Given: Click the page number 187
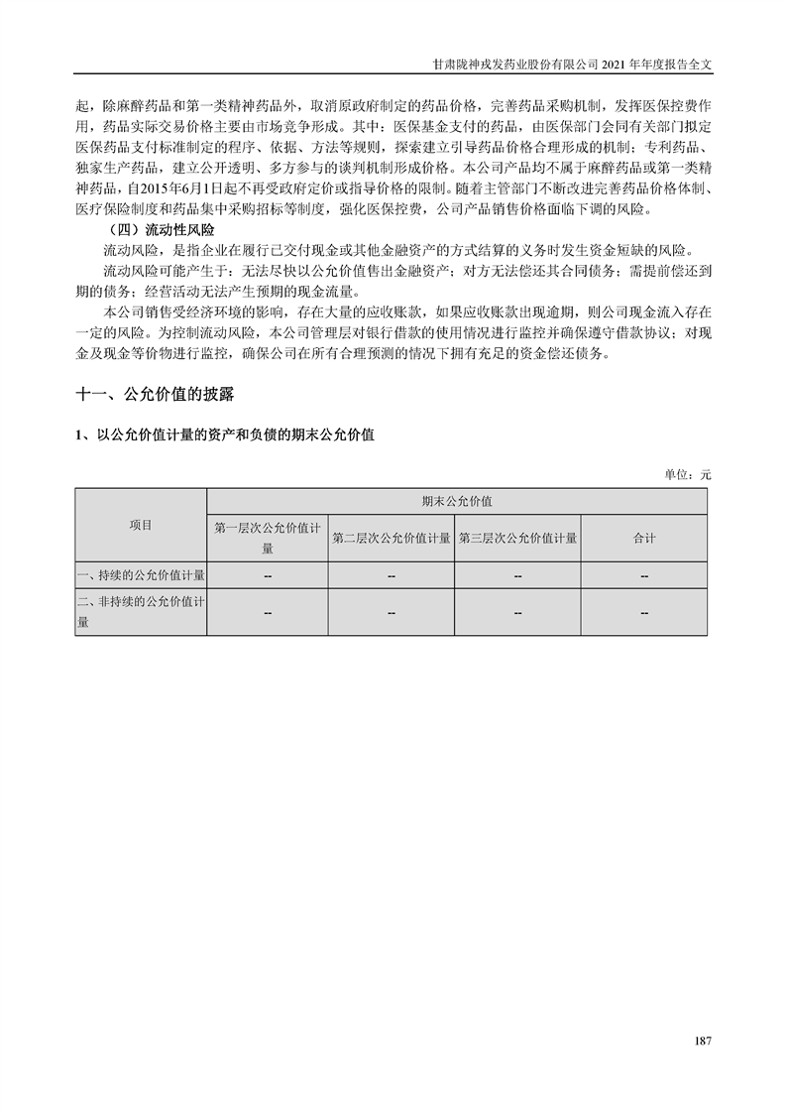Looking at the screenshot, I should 703,1041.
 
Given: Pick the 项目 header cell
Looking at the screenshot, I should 141,525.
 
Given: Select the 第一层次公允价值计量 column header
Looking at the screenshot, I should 268,538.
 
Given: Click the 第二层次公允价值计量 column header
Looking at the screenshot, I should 392,538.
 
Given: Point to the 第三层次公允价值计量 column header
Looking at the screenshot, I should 517,538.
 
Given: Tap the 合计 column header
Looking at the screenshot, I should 644,538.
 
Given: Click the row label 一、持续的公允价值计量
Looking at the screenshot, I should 141,575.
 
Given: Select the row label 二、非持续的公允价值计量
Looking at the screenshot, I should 141,612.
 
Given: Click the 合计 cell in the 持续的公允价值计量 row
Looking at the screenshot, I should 644,575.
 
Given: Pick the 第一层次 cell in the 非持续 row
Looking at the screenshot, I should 268,613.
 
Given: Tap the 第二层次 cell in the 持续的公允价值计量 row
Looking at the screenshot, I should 392,575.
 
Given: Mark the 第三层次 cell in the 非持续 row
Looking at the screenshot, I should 517,613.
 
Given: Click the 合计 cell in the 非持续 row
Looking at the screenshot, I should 644,613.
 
